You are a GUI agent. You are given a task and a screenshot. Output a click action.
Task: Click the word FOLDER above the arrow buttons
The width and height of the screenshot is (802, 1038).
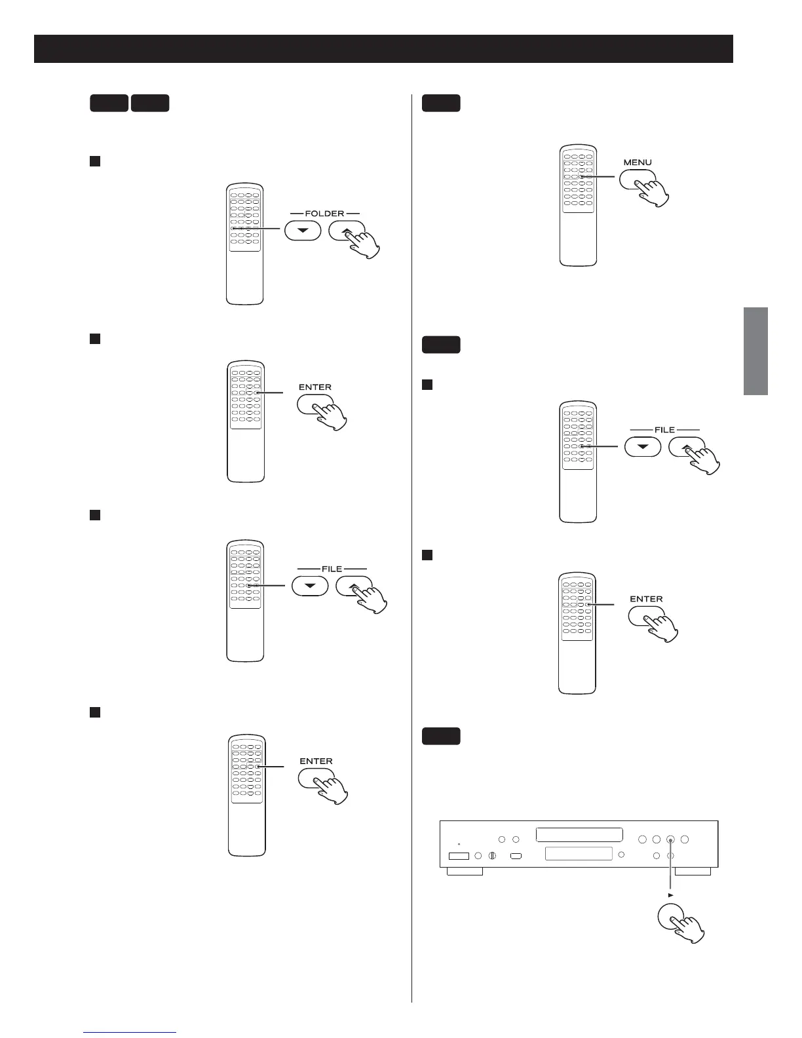pos(325,214)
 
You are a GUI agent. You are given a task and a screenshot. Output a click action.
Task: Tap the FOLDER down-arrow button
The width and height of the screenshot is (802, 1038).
pos(302,231)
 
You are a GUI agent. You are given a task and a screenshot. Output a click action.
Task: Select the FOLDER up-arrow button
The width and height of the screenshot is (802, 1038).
pos(347,231)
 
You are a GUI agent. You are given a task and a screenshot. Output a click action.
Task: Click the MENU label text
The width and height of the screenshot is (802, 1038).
pos(638,162)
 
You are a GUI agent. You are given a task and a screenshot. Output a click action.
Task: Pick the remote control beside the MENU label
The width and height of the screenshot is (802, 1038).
pos(578,205)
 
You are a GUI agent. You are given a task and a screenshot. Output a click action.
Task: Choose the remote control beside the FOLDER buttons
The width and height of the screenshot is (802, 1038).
pos(244,244)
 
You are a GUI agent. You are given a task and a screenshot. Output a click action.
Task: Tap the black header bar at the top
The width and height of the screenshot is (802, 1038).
pos(383,48)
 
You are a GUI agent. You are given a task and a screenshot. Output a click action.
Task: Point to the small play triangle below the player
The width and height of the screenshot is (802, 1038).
pos(670,894)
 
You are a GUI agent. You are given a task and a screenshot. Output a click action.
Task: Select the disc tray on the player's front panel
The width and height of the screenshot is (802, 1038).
pos(579,835)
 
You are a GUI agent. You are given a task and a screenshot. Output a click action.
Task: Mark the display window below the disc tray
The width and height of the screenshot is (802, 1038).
pos(579,854)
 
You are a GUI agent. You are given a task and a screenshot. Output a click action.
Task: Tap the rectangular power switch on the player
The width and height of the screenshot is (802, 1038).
pos(459,856)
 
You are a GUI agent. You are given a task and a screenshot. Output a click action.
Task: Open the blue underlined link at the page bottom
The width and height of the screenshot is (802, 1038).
pos(130,1032)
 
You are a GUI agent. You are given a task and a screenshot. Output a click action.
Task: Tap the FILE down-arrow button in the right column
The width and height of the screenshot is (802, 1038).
pos(642,446)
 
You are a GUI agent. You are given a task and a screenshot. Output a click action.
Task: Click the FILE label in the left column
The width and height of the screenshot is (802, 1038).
pos(332,569)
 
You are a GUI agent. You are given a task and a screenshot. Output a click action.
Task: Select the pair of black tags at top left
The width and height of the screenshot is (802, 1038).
pos(130,103)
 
